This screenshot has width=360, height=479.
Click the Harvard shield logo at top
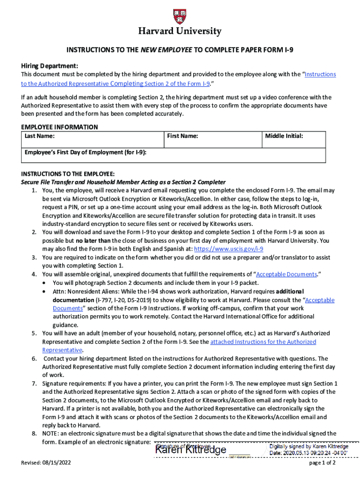(x=180, y=17)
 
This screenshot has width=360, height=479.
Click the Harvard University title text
(x=180, y=32)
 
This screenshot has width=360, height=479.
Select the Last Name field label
(x=40, y=136)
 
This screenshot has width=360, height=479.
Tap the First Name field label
(x=182, y=136)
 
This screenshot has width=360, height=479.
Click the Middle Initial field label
(x=284, y=136)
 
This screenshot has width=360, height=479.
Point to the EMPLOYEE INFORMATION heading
(x=59, y=127)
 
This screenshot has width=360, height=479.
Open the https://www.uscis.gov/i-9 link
(x=229, y=249)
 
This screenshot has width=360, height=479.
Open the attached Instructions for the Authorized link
(x=263, y=342)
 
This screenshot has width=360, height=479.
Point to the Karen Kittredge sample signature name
(x=191, y=450)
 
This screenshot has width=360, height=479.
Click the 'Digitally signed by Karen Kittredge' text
(x=309, y=447)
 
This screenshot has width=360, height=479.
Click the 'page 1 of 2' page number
(x=323, y=463)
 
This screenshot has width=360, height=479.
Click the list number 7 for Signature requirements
(x=34, y=383)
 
